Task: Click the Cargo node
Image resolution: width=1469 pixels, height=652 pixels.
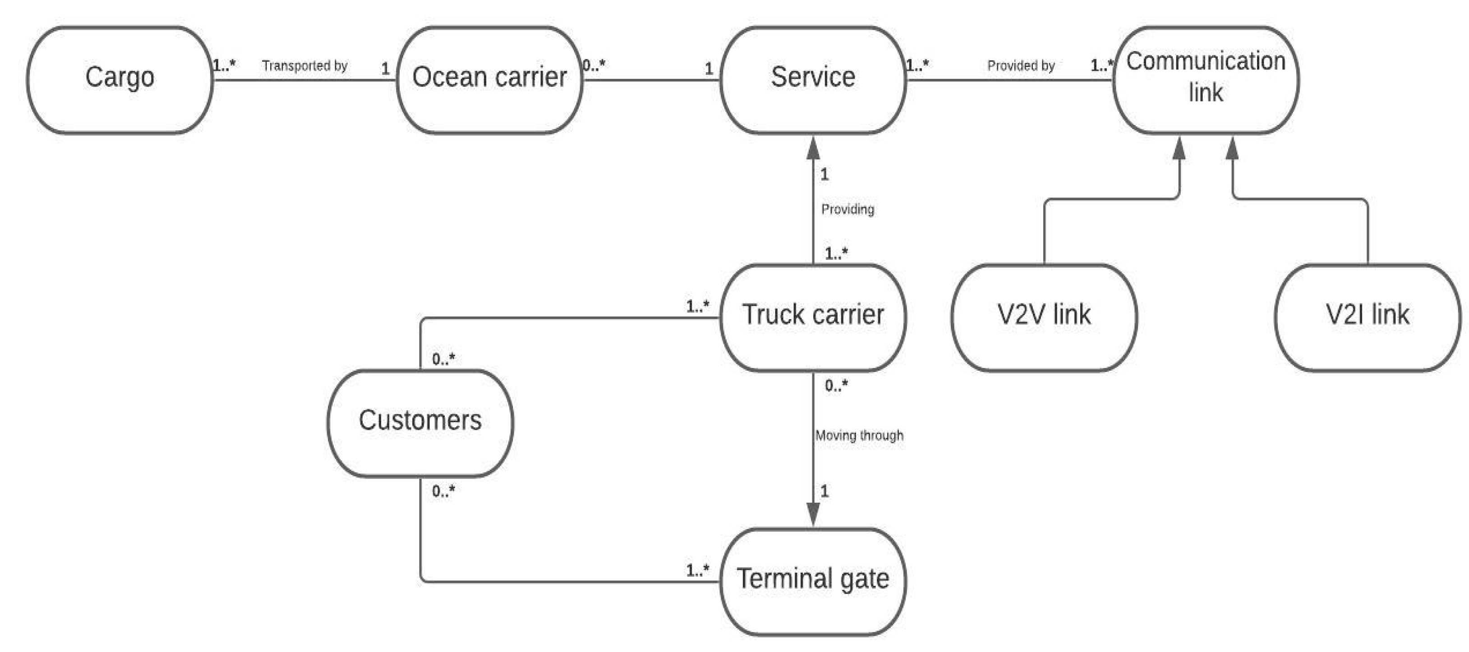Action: pos(120,79)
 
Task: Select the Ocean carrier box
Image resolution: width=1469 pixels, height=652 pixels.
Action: pos(489,79)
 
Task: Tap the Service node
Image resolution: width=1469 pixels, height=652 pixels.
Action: pos(813,79)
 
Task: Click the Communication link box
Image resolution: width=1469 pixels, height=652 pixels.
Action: pos(1206,79)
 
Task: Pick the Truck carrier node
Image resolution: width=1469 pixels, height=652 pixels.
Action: pos(813,317)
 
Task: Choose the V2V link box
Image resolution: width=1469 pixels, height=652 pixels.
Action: pos(1044,317)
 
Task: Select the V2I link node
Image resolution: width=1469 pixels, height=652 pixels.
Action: pos(1368,317)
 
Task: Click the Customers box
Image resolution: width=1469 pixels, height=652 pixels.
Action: pos(420,422)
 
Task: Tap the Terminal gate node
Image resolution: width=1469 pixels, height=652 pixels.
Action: pos(813,581)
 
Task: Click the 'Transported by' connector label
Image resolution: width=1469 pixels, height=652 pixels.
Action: pos(304,66)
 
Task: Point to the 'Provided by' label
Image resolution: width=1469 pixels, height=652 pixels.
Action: pos(1021,66)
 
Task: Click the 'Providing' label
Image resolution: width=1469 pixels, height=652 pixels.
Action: pos(847,209)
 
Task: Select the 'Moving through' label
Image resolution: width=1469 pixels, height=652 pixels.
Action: pos(859,436)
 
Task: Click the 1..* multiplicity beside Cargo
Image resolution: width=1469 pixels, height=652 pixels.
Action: pos(224,65)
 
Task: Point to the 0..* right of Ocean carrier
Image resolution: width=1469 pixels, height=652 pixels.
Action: pos(594,65)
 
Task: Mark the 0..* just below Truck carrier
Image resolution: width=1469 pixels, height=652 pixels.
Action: pos(836,386)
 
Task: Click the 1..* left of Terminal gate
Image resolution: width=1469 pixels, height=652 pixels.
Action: pos(697,570)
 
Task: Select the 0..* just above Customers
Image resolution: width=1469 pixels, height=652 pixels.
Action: pos(443,359)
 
